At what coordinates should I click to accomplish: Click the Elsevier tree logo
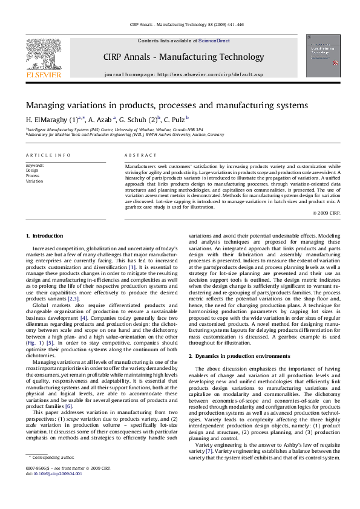(42, 55)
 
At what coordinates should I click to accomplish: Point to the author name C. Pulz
(175, 119)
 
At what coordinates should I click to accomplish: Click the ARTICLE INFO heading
(48, 155)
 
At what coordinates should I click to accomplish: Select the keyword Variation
(34, 181)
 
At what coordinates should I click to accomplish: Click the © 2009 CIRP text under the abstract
(327, 213)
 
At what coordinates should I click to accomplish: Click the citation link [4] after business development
(84, 300)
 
